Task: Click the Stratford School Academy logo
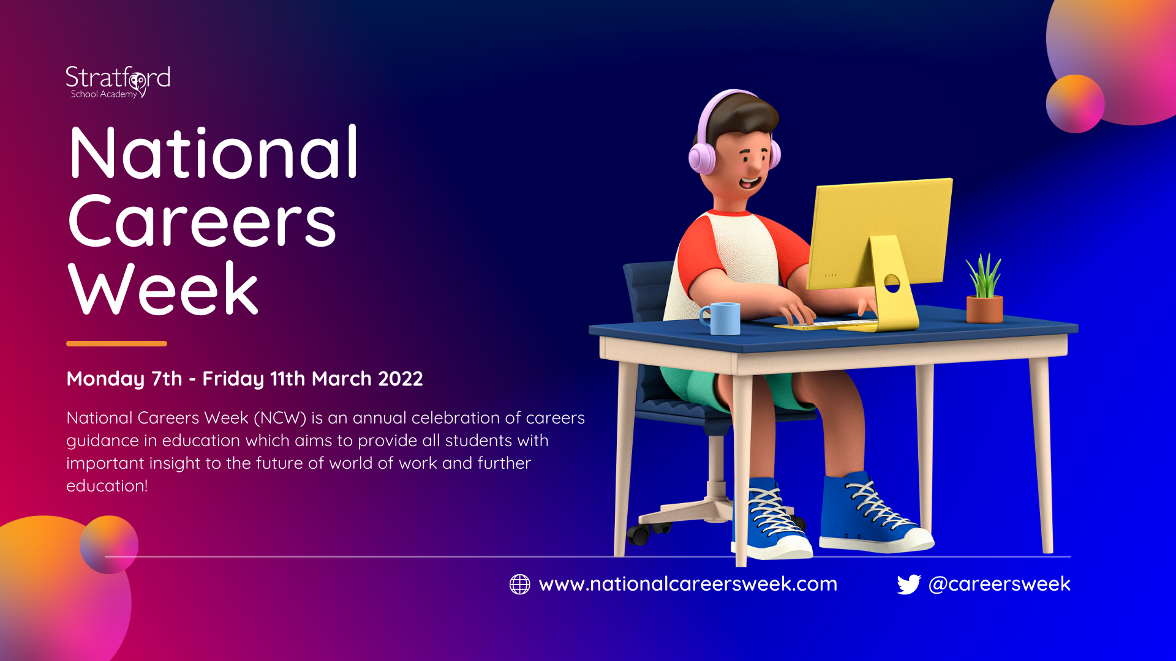click(118, 81)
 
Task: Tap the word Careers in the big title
click(202, 221)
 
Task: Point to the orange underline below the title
click(116, 343)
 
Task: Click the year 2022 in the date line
click(401, 379)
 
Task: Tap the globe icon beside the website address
click(519, 584)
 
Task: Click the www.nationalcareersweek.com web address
click(688, 584)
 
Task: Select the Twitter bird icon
click(909, 584)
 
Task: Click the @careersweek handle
click(1000, 584)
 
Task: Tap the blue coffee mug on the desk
click(721, 318)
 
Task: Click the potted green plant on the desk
click(984, 288)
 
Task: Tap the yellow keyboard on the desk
click(826, 325)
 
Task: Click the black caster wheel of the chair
click(638, 535)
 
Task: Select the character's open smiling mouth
click(750, 182)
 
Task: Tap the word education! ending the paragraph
click(107, 486)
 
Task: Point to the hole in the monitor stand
click(892, 283)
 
